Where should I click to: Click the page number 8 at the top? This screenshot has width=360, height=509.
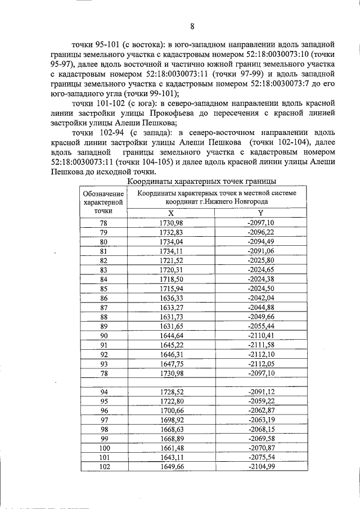pyautogui.click(x=192, y=26)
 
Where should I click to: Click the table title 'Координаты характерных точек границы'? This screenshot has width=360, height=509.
pyautogui.click(x=201, y=181)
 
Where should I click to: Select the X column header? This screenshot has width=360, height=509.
pyautogui.click(x=171, y=213)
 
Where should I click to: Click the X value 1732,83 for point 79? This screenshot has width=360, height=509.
pyautogui.click(x=171, y=232)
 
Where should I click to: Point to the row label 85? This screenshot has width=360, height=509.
pyautogui.click(x=103, y=288)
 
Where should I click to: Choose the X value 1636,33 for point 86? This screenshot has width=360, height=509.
pyautogui.click(x=171, y=298)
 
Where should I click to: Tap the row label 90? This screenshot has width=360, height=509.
pyautogui.click(x=103, y=335)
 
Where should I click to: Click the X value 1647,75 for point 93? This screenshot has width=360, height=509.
pyautogui.click(x=171, y=363)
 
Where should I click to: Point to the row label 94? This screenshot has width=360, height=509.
pyautogui.click(x=103, y=391)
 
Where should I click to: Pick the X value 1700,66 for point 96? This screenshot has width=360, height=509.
pyautogui.click(x=171, y=410)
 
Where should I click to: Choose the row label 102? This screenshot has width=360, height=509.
pyautogui.click(x=103, y=466)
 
